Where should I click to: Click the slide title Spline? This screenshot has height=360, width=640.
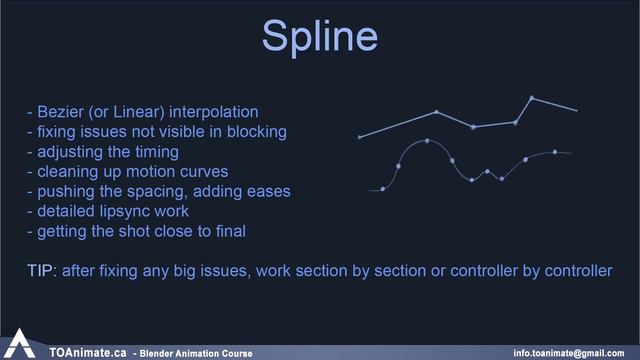click(319, 36)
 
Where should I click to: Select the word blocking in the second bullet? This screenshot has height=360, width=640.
click(257, 131)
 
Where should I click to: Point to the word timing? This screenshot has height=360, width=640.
click(154, 151)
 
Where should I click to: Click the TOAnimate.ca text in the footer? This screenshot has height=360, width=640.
click(88, 352)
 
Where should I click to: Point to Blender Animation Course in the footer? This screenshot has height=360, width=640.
click(195, 353)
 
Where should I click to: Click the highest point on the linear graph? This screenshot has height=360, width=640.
click(531, 97)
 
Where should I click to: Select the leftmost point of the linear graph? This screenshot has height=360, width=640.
click(360, 137)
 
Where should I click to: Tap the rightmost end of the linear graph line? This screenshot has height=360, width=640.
click(577, 110)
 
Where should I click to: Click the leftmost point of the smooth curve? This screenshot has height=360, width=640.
click(383, 188)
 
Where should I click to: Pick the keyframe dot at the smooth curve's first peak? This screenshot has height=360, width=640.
click(427, 141)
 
